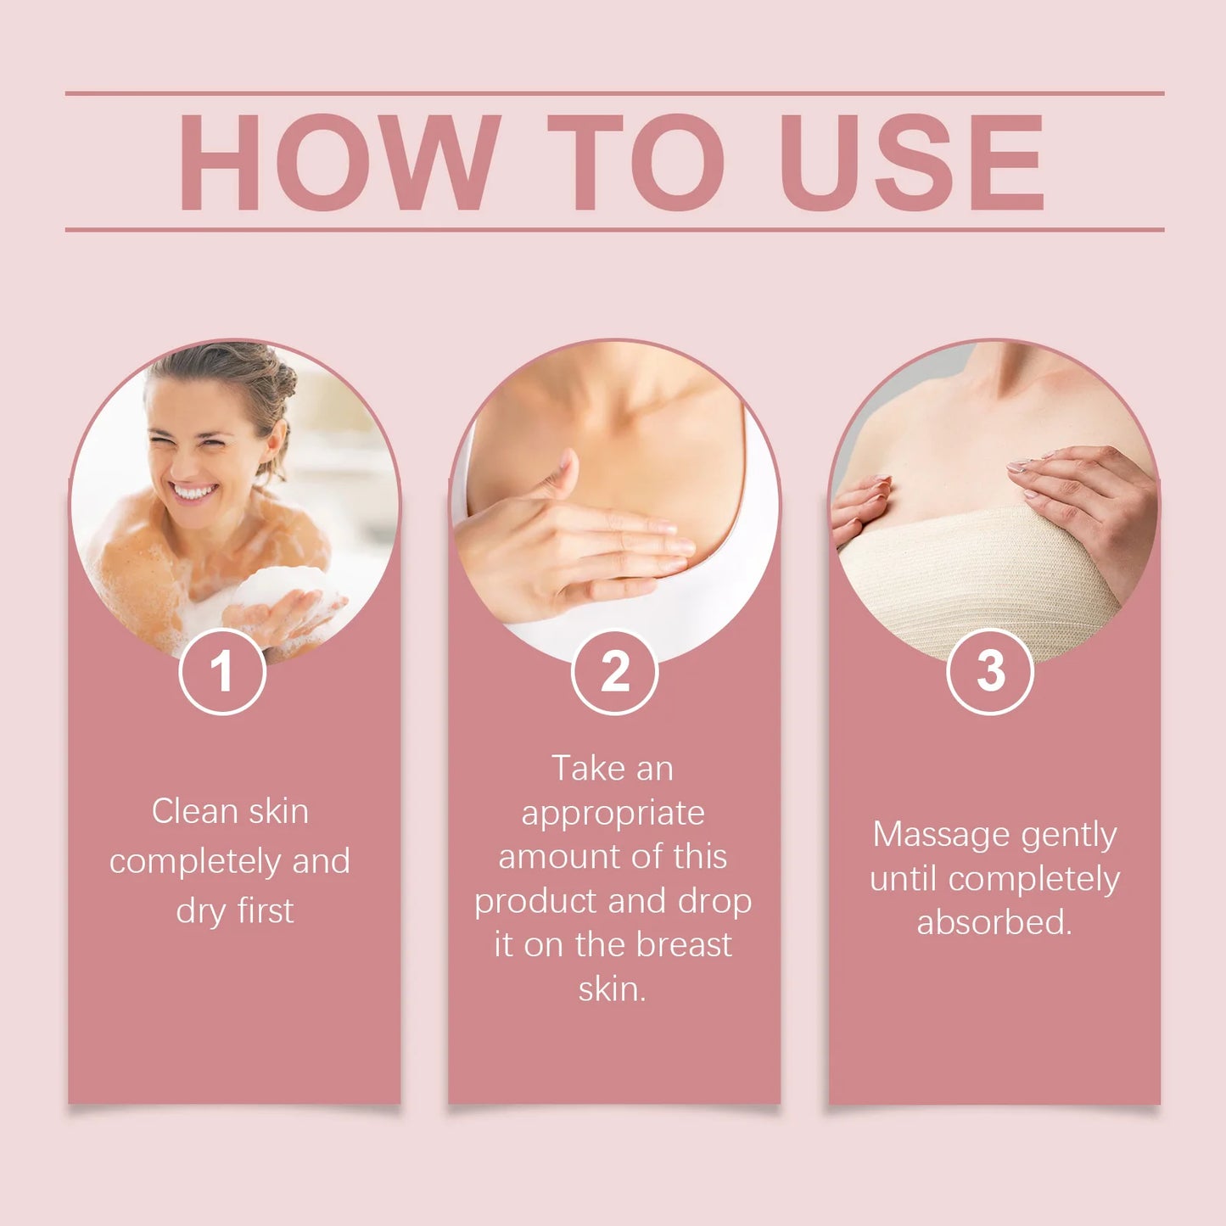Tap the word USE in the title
(912, 162)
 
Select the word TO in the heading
(635, 162)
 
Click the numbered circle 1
(222, 671)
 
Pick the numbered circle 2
(615, 671)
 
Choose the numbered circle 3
(990, 671)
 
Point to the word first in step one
(265, 910)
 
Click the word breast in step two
(684, 944)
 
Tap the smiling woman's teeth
(193, 491)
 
